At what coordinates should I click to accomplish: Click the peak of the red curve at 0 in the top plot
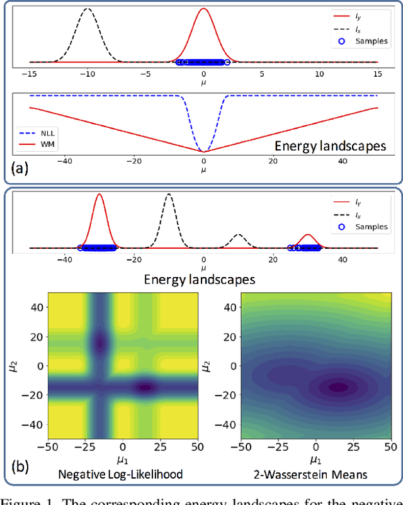203,9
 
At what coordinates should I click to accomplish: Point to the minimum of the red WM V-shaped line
203,152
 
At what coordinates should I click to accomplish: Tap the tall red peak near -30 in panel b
99,195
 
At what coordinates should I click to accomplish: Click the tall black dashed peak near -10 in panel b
168,195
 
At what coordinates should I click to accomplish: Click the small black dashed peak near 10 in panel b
238,235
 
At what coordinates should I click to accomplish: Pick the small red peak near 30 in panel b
307,235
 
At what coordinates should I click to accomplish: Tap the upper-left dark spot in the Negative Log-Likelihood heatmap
99,343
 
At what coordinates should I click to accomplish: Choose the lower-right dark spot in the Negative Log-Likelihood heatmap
145,388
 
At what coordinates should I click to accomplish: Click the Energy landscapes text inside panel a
330,146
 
